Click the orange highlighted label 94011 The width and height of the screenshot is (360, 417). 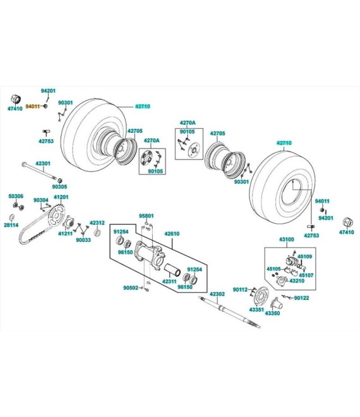click(x=32, y=106)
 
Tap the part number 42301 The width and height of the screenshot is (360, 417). click(x=43, y=164)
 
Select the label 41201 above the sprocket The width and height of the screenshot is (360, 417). click(x=61, y=197)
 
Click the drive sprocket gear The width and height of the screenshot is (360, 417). click(x=57, y=215)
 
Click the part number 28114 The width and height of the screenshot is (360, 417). click(x=11, y=225)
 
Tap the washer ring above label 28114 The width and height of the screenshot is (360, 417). click(x=12, y=217)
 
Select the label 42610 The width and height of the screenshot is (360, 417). click(x=172, y=234)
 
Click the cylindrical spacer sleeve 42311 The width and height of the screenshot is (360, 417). click(x=172, y=269)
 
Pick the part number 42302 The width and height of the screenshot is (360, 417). click(x=217, y=294)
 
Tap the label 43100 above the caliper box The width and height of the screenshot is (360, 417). click(x=287, y=239)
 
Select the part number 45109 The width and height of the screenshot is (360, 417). click(x=304, y=257)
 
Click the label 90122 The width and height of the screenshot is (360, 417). click(x=301, y=298)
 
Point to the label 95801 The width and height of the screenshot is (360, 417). click(x=147, y=216)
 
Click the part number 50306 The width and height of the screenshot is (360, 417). click(x=16, y=196)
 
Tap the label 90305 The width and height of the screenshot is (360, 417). click(x=59, y=186)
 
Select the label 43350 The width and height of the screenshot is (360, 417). click(x=272, y=313)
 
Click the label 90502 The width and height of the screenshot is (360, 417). click(x=131, y=287)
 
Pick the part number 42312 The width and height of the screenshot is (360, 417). click(x=97, y=223)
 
